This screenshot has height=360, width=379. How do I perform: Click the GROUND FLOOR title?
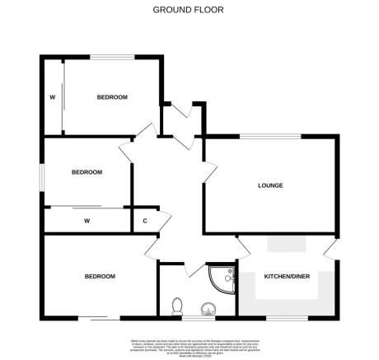click(189, 10)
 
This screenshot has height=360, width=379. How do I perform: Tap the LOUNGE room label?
click(270, 185)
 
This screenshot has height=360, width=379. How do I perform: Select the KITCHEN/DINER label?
click(287, 278)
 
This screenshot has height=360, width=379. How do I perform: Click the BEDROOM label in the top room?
click(112, 97)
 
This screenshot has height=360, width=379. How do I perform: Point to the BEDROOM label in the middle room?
click(87, 172)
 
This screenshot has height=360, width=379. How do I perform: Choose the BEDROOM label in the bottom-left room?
click(100, 277)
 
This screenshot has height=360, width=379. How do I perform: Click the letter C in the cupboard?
click(145, 221)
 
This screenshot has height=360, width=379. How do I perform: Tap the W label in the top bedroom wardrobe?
click(52, 97)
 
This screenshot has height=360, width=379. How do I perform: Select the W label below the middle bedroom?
click(87, 221)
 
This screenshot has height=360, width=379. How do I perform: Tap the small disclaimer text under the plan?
click(189, 344)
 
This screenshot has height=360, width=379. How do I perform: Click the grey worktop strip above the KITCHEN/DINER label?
click(287, 245)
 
